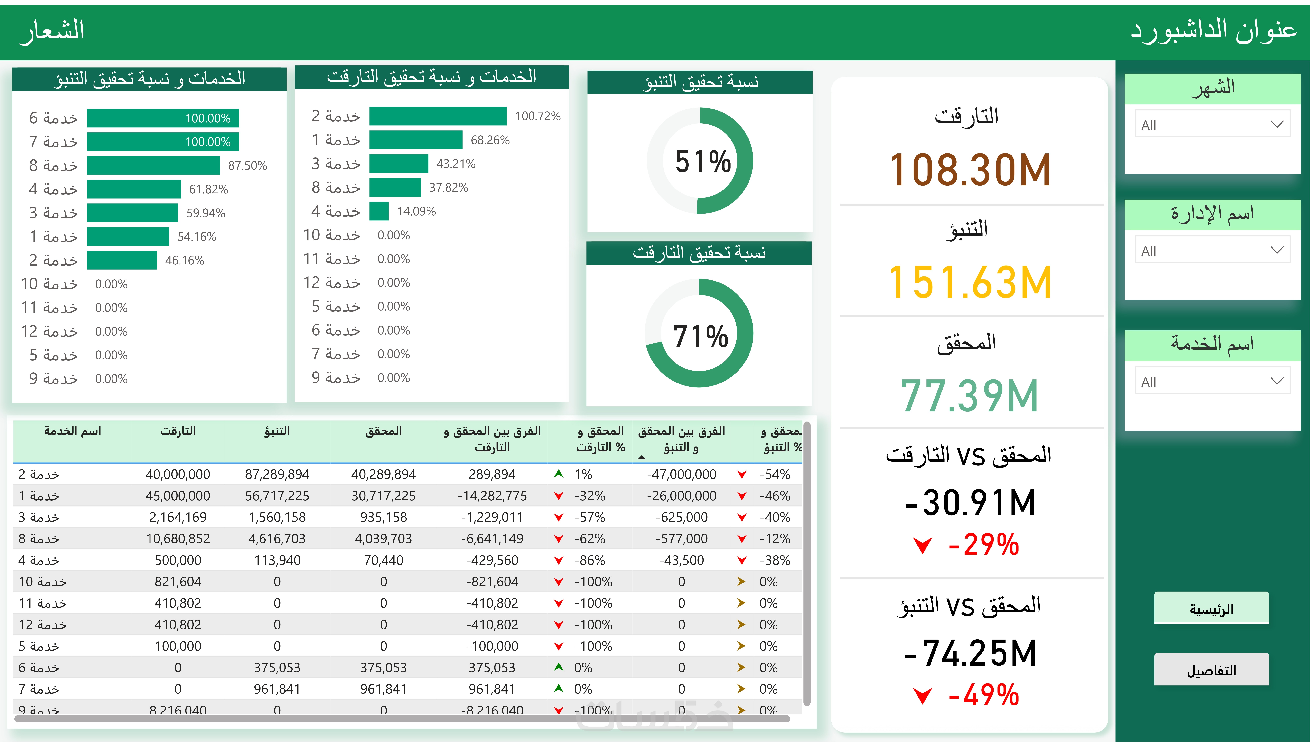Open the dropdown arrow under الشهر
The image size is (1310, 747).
point(1277,124)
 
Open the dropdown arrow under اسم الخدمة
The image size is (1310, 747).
point(1277,381)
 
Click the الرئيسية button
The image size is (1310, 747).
point(1211,609)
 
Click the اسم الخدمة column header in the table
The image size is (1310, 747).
point(72,431)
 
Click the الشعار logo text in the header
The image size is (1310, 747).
point(52,31)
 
